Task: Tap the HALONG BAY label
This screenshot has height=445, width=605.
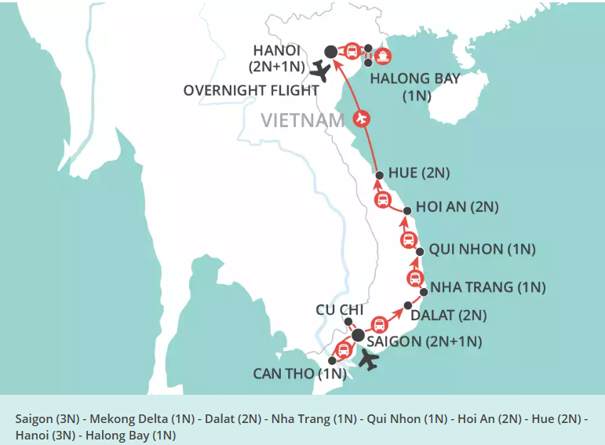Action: click(x=415, y=79)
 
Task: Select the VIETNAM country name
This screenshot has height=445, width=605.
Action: click(x=303, y=120)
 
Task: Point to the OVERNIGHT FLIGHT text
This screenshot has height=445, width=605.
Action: click(x=251, y=90)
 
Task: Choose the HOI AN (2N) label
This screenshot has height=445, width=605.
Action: click(x=457, y=207)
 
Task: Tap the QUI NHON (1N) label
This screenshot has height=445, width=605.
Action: click(x=482, y=250)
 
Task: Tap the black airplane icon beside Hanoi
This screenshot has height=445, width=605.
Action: click(x=319, y=71)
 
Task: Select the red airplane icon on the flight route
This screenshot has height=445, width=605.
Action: click(x=362, y=119)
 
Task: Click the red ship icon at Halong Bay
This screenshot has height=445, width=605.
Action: click(x=382, y=56)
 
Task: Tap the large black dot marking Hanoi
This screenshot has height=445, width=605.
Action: click(x=330, y=52)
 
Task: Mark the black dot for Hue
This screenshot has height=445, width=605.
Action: click(x=379, y=175)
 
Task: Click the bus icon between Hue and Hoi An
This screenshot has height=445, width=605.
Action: click(x=382, y=199)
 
